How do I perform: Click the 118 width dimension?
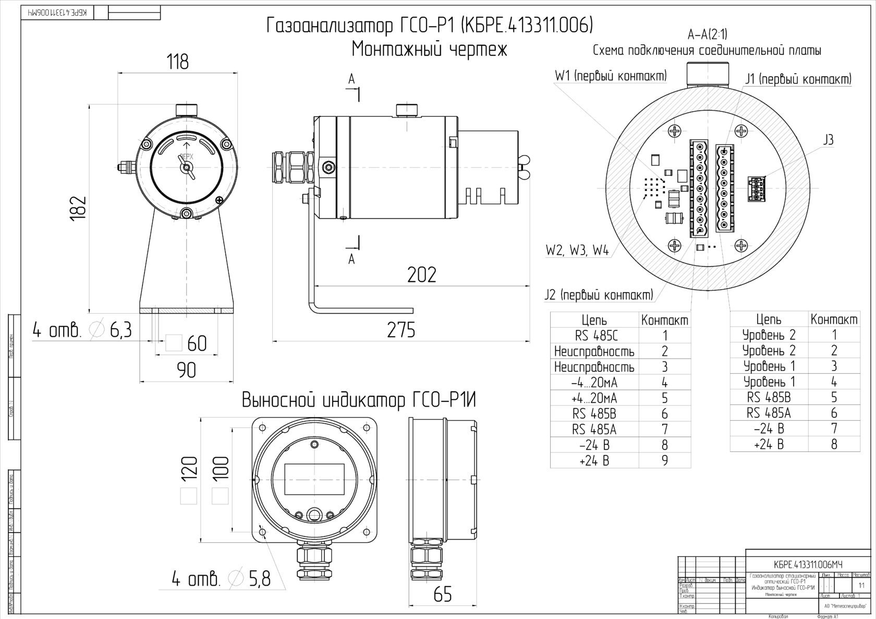pos(177,62)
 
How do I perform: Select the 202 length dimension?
pos(421,275)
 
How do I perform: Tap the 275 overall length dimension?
pos(401,330)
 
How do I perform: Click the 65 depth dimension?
pos(442,594)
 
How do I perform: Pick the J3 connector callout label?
pos(828,140)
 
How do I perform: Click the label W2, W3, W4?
pos(577,251)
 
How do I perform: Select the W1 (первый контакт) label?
pos(611,76)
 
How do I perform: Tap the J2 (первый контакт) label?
pos(599,295)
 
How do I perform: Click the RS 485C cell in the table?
pos(594,336)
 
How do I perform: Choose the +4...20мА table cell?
pos(594,398)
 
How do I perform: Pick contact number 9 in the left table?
pos(664,460)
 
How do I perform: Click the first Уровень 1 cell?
pos(769,366)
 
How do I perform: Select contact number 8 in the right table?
pos(834,444)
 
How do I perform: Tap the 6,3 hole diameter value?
pos(120,330)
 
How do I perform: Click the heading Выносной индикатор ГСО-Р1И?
pos(359,401)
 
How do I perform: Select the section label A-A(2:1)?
pos(707,34)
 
